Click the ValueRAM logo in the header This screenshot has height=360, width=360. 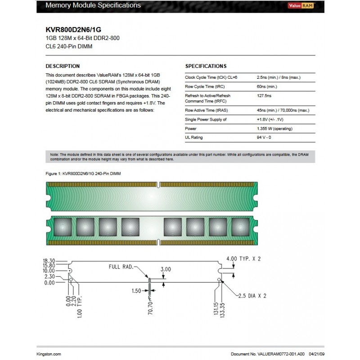(301, 5)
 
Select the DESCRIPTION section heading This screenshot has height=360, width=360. (63, 66)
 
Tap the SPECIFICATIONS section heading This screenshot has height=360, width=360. (206, 66)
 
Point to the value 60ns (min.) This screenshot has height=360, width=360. (267, 86)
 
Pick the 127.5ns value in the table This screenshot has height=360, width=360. (264, 95)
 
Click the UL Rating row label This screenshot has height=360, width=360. (194, 137)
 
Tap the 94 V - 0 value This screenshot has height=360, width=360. (264, 137)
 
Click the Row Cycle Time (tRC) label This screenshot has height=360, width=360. (206, 86)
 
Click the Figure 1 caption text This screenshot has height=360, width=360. (83, 173)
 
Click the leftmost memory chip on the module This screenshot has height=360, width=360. (62, 225)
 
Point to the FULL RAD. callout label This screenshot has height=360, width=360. (121, 266)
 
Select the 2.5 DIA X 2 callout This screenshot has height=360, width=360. (252, 296)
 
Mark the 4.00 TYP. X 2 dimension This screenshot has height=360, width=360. (243, 259)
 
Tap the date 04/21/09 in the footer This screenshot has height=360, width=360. (314, 354)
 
